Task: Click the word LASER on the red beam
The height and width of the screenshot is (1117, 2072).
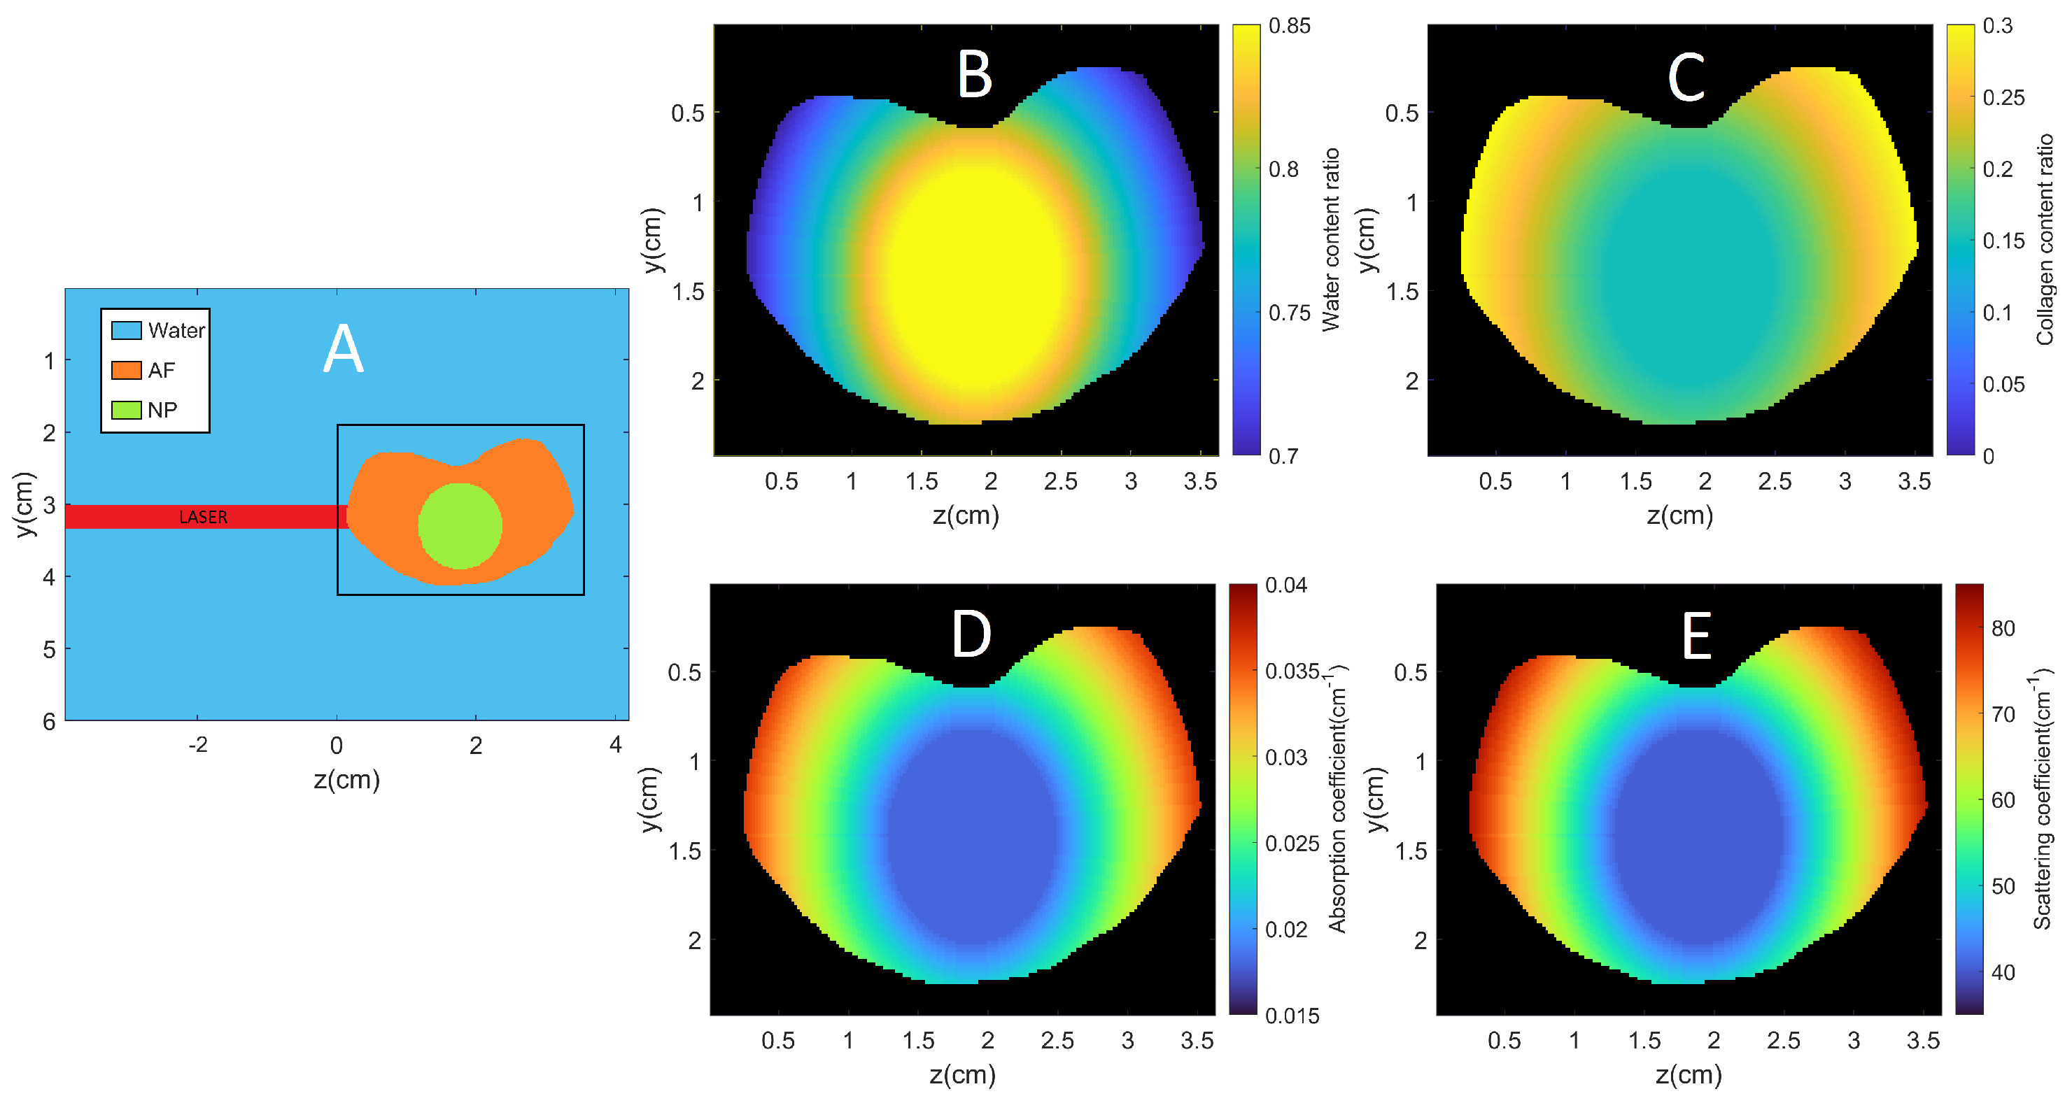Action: (203, 517)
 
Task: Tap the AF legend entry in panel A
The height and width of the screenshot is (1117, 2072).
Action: (143, 370)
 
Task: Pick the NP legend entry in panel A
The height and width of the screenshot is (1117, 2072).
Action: (145, 410)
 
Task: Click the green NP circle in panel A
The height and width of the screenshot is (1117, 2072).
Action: (460, 526)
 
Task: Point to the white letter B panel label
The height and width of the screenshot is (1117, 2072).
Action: (974, 75)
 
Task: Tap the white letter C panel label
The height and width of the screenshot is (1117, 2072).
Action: (1686, 78)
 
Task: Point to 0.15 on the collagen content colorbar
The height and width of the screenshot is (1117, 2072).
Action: (2003, 241)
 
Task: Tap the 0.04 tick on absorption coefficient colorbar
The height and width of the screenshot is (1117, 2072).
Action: (1285, 585)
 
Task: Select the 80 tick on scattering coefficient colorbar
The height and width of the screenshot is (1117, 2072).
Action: (2003, 628)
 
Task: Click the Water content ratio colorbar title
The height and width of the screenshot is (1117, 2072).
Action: (1330, 240)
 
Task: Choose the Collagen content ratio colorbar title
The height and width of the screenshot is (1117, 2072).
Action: (2045, 240)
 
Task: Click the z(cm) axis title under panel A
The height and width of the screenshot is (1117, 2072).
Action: (346, 779)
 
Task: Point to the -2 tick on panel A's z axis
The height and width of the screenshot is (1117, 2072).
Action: (198, 745)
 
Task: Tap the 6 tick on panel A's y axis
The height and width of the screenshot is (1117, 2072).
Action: (49, 721)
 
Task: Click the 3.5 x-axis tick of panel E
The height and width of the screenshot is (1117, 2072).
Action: (1922, 1041)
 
